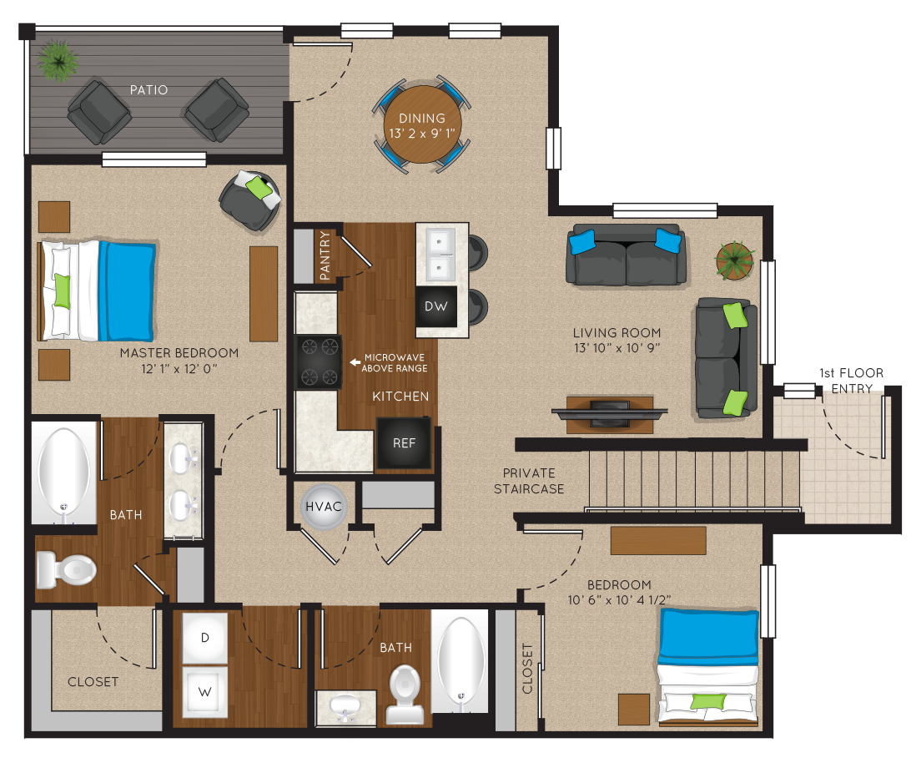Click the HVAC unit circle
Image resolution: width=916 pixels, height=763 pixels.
324,507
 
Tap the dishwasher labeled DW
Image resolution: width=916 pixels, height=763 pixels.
435,306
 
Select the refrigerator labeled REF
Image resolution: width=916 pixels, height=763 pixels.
404,443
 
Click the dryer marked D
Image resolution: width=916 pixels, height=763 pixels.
204,638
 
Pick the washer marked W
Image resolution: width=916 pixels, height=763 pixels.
204,692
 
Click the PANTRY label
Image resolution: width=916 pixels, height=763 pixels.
325,255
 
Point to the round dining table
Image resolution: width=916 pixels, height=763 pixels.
422,124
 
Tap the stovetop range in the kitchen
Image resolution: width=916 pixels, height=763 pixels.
318,362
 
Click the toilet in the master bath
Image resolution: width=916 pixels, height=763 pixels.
66,569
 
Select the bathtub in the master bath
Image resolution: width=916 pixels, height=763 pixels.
63,472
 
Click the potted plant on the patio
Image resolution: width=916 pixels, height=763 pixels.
58,59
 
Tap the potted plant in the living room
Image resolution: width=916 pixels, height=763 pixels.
735,260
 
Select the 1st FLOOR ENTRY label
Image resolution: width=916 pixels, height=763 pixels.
851,381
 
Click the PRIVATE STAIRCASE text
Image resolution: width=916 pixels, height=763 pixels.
529,481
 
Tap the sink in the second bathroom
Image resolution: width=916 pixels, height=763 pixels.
345,706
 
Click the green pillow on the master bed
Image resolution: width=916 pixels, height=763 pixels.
62,291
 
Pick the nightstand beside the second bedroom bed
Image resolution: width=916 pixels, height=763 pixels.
634,710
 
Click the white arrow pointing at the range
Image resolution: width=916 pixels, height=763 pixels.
355,362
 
